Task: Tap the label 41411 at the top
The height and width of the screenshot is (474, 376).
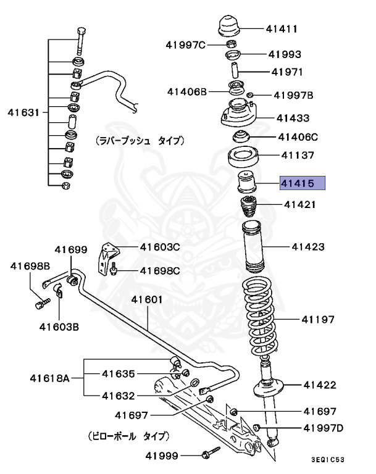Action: coord(282,28)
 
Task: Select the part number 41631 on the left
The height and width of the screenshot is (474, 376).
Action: coord(23,112)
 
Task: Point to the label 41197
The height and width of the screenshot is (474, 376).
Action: coord(318,319)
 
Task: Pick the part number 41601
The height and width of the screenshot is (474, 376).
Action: coord(146,300)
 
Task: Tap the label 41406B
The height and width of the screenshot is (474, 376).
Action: coord(186,91)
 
